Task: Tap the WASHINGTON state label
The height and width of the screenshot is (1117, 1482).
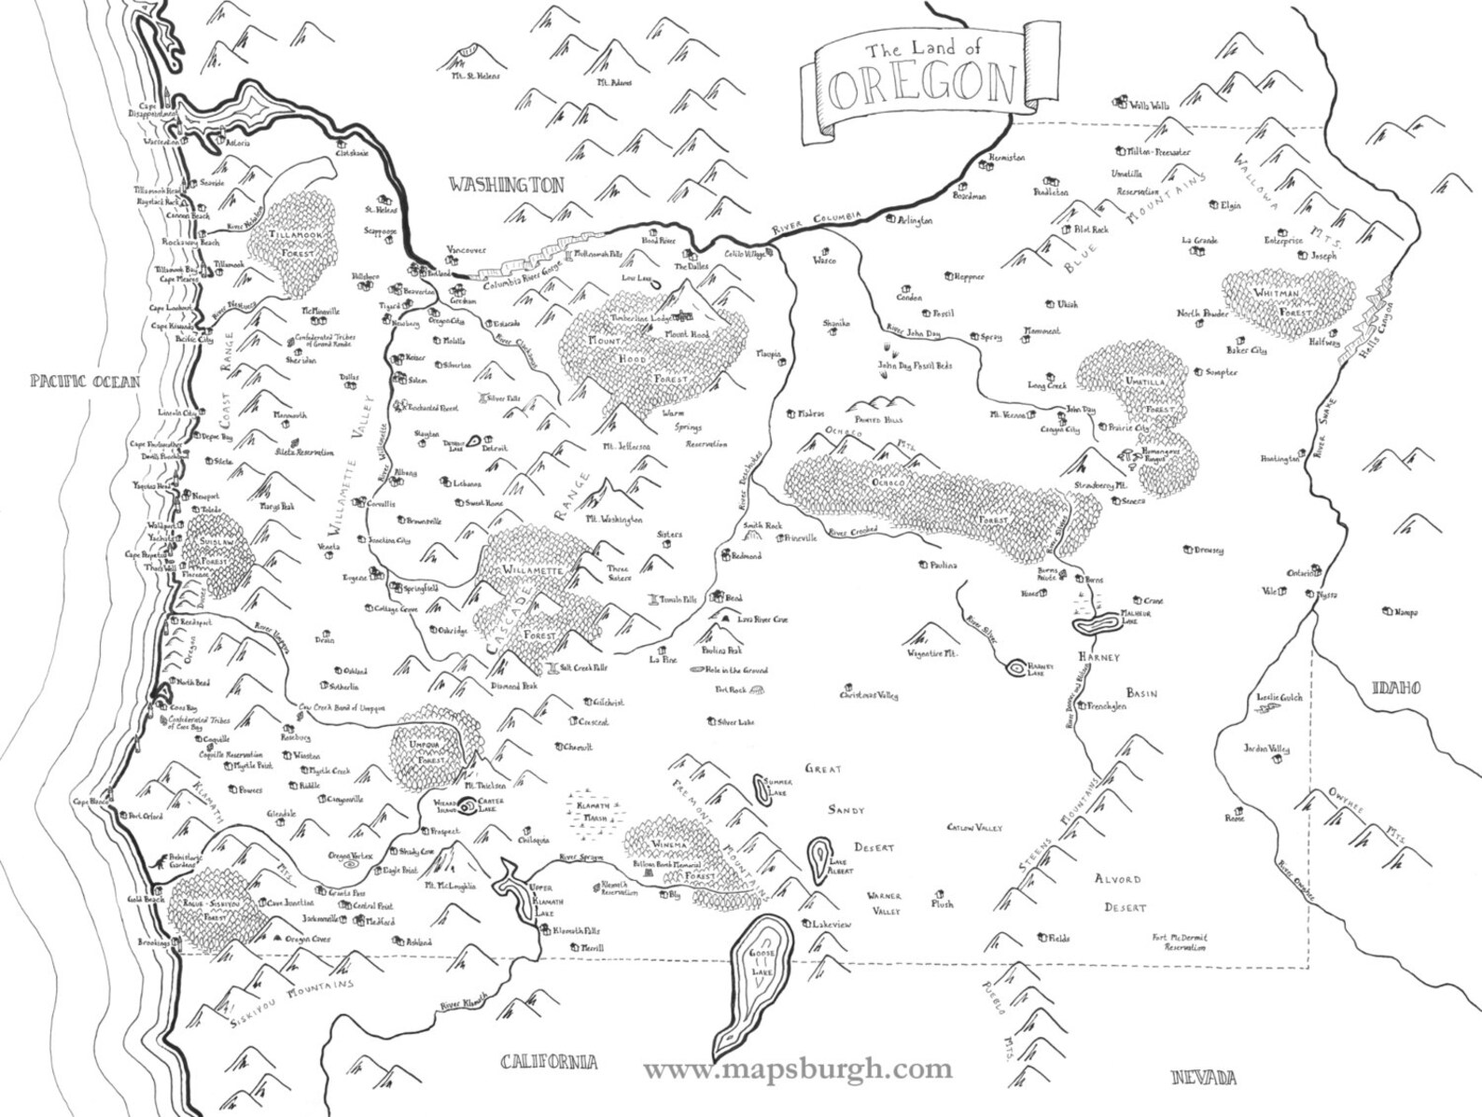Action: (507, 185)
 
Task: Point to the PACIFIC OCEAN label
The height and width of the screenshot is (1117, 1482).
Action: (84, 381)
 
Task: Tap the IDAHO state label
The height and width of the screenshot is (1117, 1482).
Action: (1395, 688)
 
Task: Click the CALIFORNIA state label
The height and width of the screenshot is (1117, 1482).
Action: (548, 1062)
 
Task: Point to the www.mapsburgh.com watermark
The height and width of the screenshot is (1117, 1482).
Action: (798, 1068)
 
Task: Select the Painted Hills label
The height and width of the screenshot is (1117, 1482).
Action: (868, 421)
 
